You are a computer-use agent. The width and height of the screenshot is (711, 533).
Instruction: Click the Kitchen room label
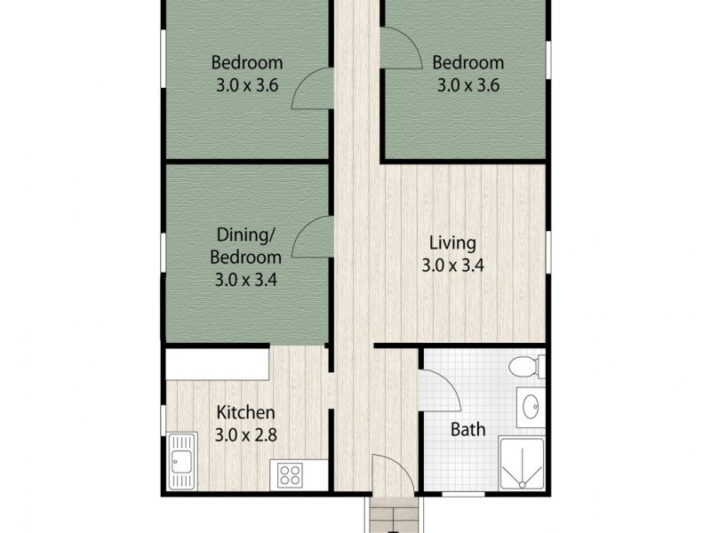tap(246, 413)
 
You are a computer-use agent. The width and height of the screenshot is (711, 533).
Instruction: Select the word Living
tap(452, 243)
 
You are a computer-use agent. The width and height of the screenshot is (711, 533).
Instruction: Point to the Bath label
tap(467, 430)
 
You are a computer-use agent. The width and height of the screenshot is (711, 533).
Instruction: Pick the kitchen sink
tap(181, 460)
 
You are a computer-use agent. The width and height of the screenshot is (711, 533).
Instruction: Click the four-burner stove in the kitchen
tap(291, 473)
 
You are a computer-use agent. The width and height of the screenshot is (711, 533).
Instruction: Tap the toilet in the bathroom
tap(528, 364)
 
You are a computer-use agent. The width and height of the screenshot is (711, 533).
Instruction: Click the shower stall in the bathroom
tap(522, 464)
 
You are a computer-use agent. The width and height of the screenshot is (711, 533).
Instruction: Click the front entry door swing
tap(387, 471)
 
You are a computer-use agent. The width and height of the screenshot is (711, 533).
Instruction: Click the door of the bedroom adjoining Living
tap(400, 47)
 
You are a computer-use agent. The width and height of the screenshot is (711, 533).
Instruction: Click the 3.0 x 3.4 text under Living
tap(452, 265)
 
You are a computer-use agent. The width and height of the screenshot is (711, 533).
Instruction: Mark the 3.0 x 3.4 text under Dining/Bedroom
tap(246, 280)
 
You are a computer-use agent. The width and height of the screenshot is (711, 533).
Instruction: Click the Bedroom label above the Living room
tap(467, 63)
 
